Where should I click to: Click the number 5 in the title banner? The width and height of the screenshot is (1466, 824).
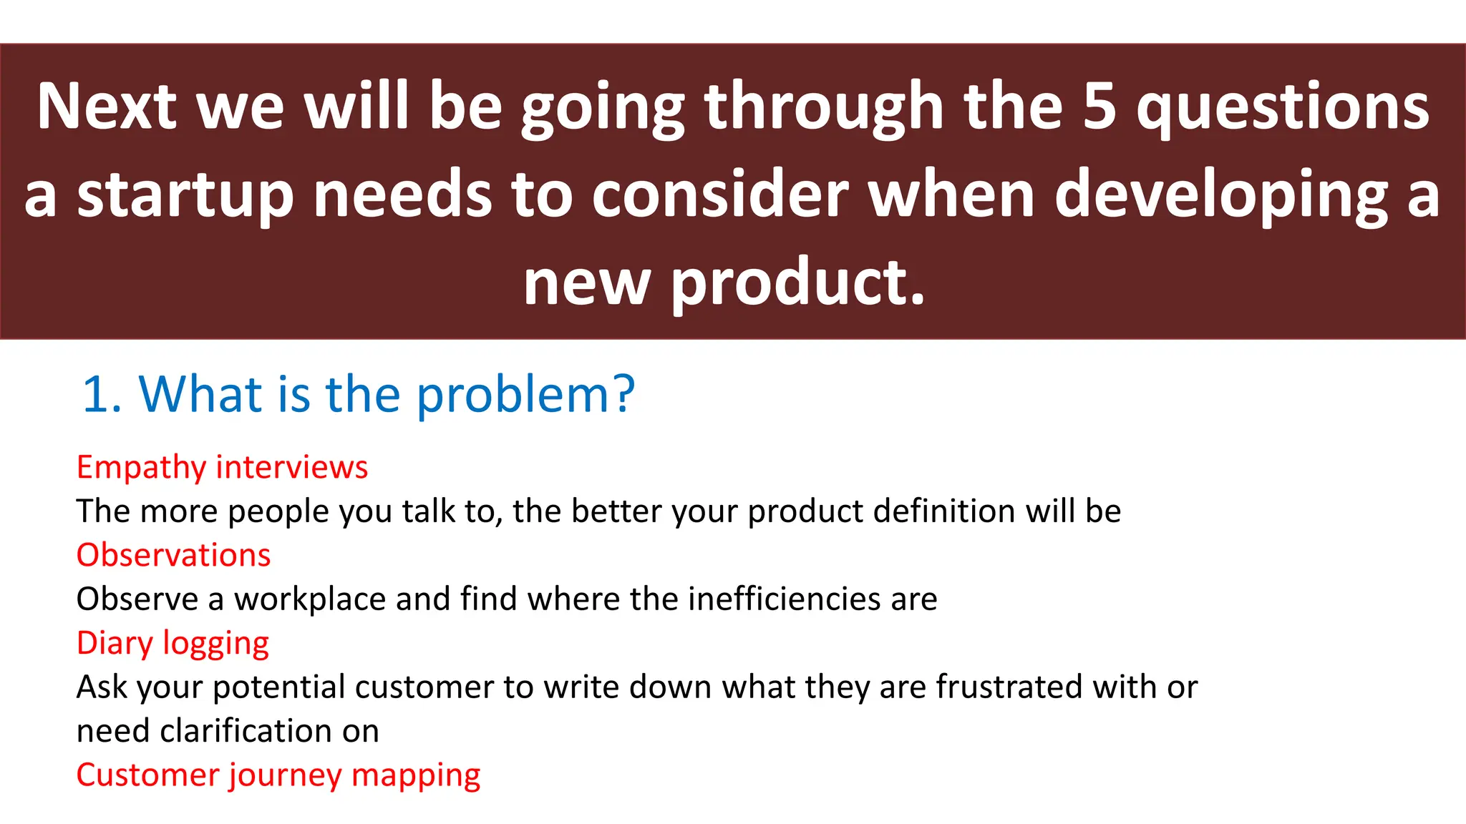click(x=1099, y=107)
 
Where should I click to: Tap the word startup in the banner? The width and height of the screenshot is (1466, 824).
click(x=185, y=195)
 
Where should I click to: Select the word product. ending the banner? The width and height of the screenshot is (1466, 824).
click(x=798, y=283)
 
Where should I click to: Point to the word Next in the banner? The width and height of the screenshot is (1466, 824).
click(x=106, y=107)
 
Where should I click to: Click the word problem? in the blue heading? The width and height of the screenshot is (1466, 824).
click(x=525, y=396)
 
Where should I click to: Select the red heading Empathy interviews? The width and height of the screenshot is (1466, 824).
click(x=222, y=468)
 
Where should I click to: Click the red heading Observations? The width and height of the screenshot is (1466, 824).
click(x=173, y=556)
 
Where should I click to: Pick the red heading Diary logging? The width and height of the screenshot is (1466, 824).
click(x=173, y=644)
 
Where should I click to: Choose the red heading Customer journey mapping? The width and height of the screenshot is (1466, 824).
click(x=278, y=775)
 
